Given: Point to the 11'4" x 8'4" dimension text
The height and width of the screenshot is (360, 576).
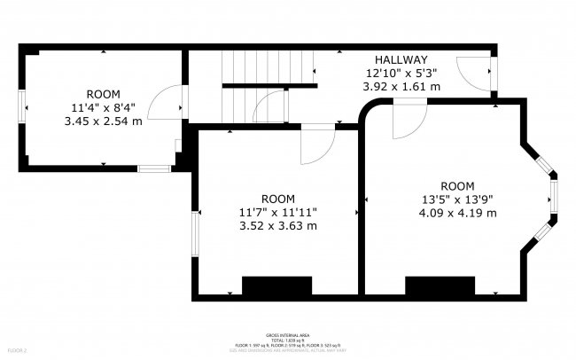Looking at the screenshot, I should [x=103, y=107].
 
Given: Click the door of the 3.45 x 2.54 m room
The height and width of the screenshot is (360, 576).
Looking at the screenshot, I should [x=160, y=105].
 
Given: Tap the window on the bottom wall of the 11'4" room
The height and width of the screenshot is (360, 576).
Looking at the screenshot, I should [x=152, y=168].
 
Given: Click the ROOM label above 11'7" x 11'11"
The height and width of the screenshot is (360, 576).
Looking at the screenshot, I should [x=278, y=199].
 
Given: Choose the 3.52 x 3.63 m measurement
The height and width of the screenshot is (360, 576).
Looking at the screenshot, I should [x=278, y=225].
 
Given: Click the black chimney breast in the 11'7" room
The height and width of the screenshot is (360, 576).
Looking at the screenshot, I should [x=277, y=286].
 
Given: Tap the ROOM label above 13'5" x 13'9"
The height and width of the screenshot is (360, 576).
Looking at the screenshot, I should [x=457, y=186].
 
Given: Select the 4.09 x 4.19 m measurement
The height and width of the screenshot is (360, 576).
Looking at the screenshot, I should [x=457, y=213].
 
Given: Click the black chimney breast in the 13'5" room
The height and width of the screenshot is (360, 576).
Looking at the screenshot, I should [x=440, y=286].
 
